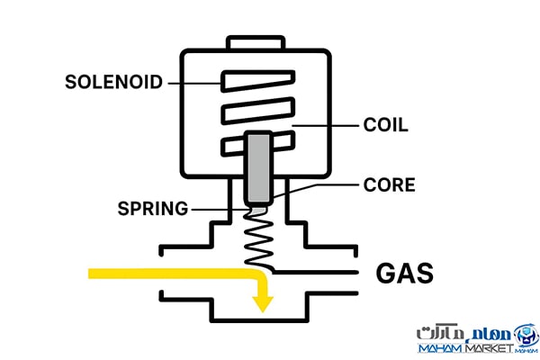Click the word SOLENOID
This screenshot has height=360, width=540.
point(114,83)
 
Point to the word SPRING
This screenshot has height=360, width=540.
point(153,209)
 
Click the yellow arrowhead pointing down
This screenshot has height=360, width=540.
point(262,303)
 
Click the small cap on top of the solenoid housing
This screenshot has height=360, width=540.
point(257,42)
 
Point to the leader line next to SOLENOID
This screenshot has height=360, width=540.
point(193,83)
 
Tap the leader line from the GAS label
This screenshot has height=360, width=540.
point(315,271)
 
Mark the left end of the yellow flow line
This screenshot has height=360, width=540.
point(91,271)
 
